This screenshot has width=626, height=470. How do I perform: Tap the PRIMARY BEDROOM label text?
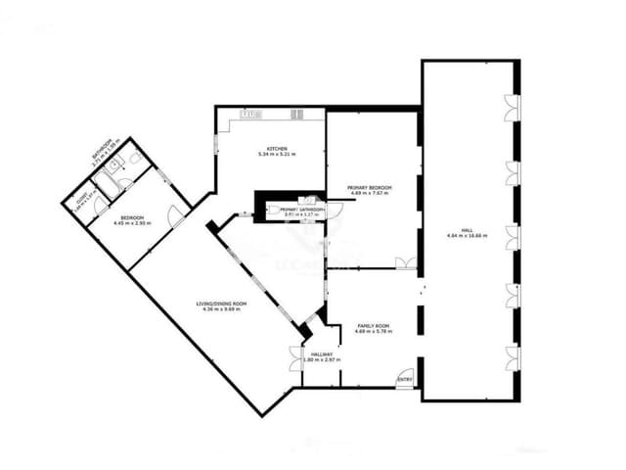(370, 187)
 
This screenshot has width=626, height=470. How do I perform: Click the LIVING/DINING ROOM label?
(222, 305)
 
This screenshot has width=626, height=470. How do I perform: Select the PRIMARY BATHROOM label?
(302, 209)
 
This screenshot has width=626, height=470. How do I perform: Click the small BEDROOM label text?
(132, 216)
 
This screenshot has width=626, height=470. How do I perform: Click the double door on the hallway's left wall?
(295, 359)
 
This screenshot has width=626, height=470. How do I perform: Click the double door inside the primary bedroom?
(405, 263)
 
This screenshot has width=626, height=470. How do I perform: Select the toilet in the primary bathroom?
(315, 202)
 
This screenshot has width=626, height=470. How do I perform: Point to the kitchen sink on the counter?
(251, 115)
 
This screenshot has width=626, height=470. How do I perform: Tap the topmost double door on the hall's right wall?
(511, 109)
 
